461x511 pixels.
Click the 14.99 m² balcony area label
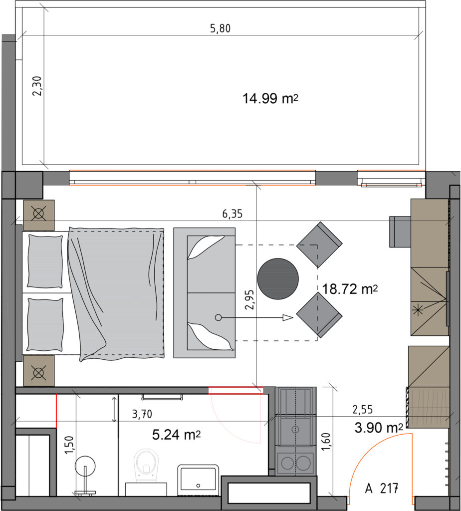click(x=270, y=98)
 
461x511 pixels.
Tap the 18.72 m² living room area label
click(x=350, y=289)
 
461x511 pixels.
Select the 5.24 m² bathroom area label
click(x=176, y=435)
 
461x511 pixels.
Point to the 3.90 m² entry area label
click(x=379, y=428)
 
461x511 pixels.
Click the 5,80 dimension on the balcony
click(x=220, y=28)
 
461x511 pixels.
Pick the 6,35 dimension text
click(x=232, y=214)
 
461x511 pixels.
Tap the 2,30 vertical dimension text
click(x=37, y=86)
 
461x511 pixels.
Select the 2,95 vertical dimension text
click(x=250, y=299)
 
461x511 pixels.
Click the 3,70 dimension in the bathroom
click(x=142, y=414)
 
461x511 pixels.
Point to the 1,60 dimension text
click(x=326, y=442)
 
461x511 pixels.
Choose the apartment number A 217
click(x=382, y=489)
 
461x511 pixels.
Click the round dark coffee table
click(x=278, y=278)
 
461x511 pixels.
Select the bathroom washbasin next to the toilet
click(x=198, y=479)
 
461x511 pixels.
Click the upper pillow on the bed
click(x=45, y=260)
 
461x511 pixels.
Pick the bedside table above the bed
click(x=39, y=216)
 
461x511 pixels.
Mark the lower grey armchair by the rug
click(x=319, y=315)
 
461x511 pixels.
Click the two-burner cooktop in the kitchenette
click(x=295, y=463)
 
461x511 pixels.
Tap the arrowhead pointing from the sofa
click(x=288, y=318)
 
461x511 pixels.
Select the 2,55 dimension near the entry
click(x=363, y=409)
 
